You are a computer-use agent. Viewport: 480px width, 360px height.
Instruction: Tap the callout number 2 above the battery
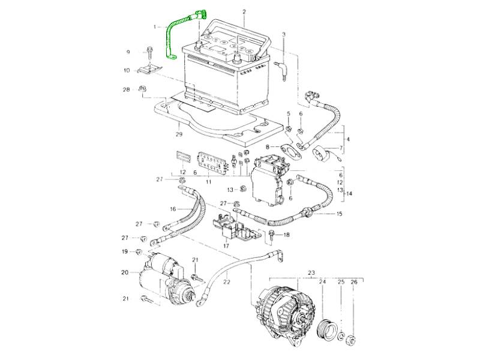pos(244,11)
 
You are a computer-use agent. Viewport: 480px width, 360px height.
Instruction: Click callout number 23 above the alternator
pos(311,273)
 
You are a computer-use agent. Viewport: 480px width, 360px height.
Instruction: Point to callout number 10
pos(127,70)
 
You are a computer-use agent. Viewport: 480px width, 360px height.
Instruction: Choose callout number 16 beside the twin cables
pos(172,209)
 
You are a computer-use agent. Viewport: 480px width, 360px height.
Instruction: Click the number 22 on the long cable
pos(226,281)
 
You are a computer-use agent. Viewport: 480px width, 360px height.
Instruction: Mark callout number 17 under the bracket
pos(226,245)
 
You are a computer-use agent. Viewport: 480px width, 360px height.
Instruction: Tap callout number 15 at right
pos(340,214)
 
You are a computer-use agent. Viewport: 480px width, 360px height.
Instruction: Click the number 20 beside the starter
pos(125,272)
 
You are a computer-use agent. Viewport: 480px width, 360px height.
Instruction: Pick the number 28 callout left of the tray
pos(126,90)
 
